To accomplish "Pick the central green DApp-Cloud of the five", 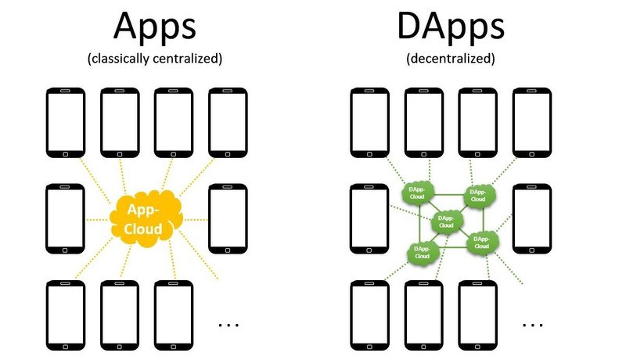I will point(444,221).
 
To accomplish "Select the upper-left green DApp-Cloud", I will point(417,194).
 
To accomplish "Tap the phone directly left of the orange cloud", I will point(66,218).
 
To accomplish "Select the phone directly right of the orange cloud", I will point(228,218).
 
